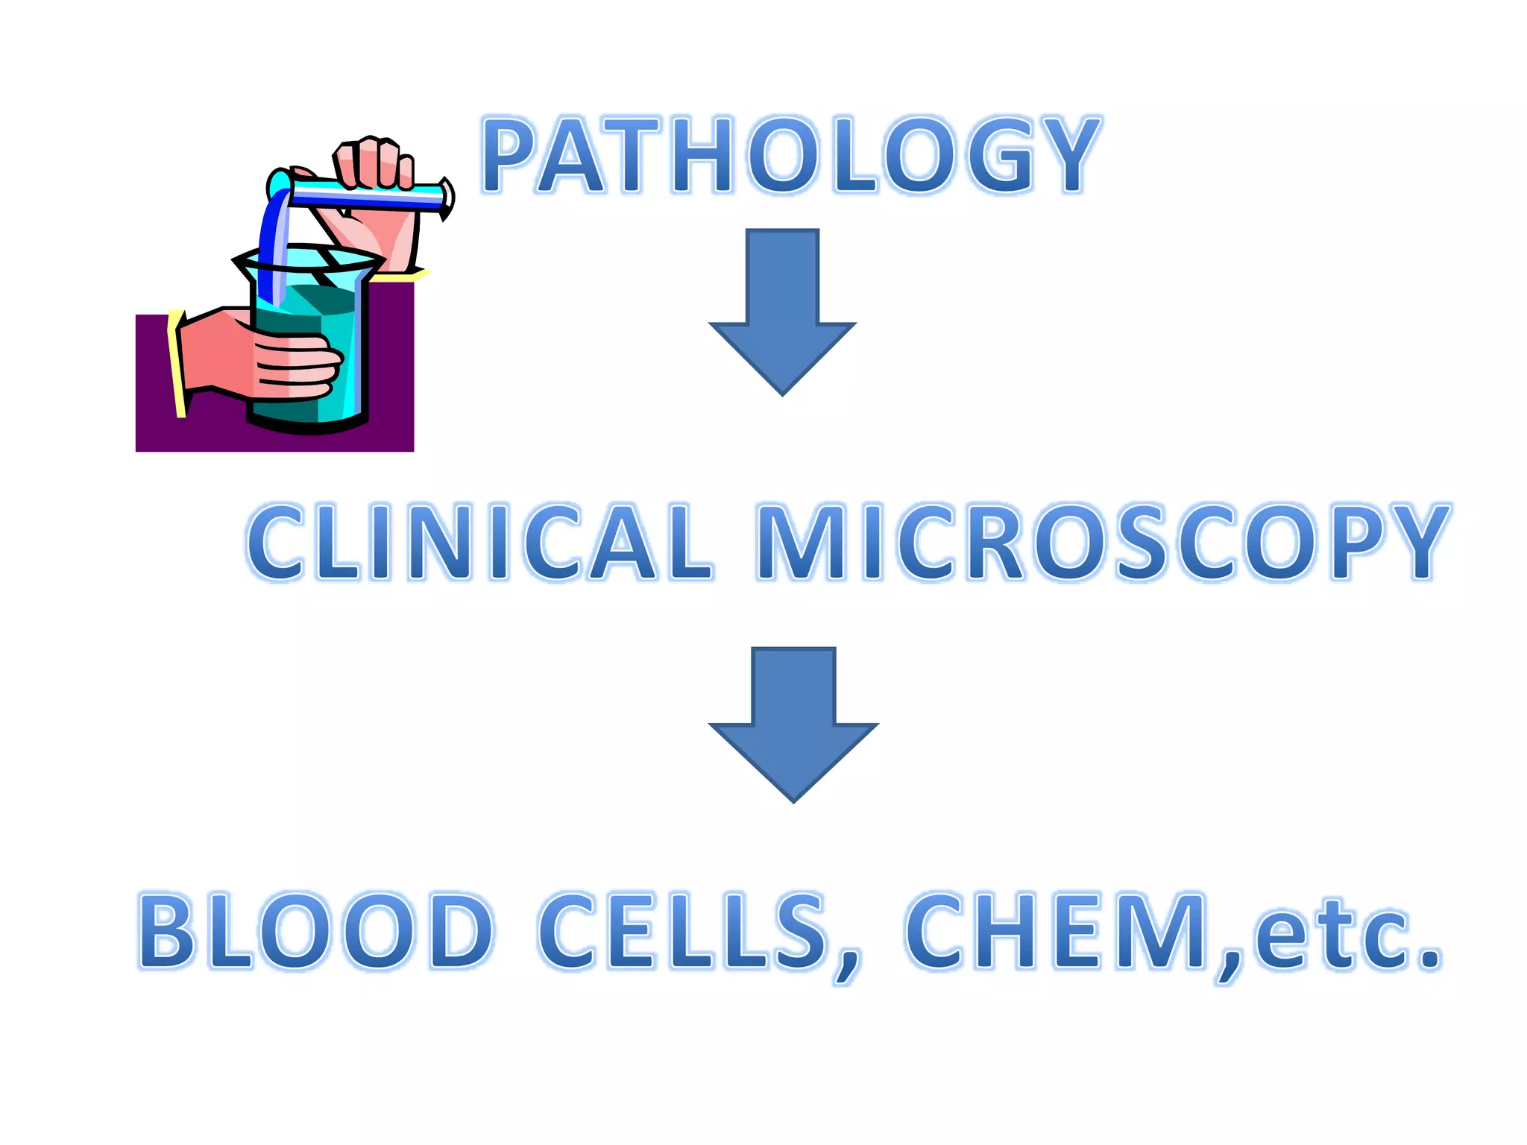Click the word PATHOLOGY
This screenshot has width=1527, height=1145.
[792, 155]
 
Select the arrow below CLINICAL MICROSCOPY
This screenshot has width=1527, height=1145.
[793, 723]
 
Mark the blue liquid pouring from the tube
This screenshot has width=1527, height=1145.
[274, 239]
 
